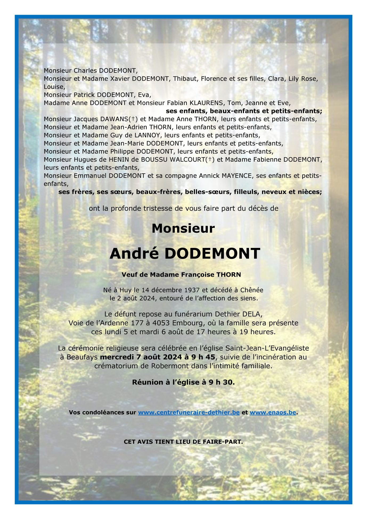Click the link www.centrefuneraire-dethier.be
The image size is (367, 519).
pos(189,412)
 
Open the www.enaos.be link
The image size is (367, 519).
pos(273,412)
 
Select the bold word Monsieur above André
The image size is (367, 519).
pos(183,228)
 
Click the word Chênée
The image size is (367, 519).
pos(252,290)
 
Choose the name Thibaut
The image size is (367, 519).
pos(185,79)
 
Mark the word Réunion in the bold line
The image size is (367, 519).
pos(148,382)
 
